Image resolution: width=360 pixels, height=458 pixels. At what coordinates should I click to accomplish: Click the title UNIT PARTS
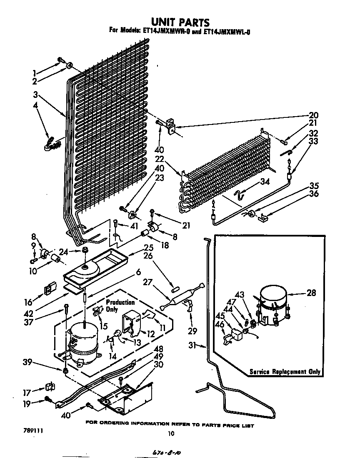pyautogui.click(x=180, y=21)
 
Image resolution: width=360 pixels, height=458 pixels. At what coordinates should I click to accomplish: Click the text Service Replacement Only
pyautogui.click(x=285, y=371)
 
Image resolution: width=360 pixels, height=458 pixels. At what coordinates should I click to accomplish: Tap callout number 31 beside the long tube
pyautogui.click(x=192, y=345)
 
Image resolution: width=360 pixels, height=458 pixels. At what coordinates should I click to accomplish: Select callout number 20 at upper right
pyautogui.click(x=313, y=115)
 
